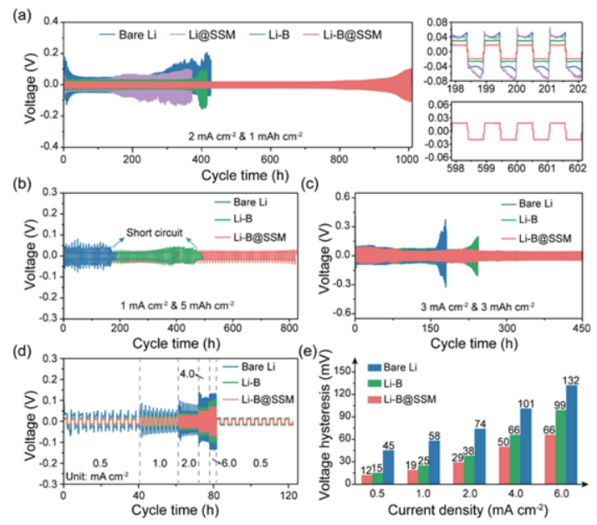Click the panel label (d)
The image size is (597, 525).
point(17,353)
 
